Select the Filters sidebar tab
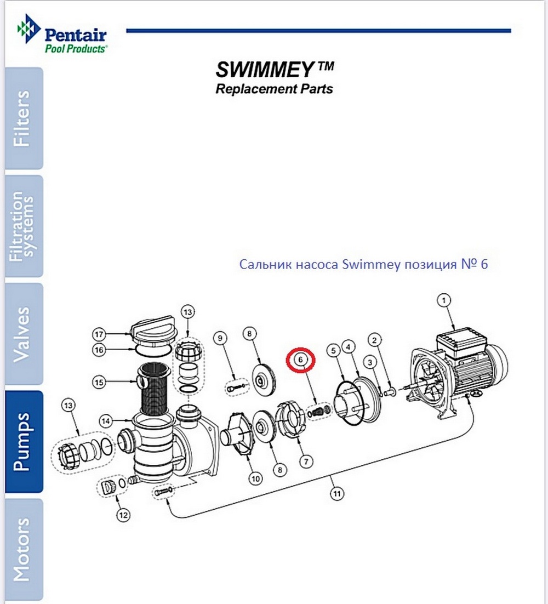(x=23, y=118)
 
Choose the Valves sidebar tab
(x=23, y=334)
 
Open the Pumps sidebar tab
(x=23, y=441)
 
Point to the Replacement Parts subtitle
(x=274, y=89)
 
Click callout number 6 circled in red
(x=300, y=360)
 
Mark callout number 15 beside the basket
(x=99, y=382)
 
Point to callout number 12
(x=123, y=515)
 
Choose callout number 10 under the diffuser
(x=255, y=478)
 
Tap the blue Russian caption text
(x=363, y=265)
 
